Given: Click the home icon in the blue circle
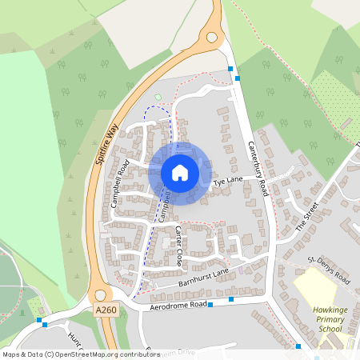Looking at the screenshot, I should point(180,173).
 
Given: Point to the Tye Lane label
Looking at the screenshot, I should point(227,182).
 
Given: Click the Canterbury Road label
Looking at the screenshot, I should point(257,168).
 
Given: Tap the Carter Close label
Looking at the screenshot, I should point(179,246).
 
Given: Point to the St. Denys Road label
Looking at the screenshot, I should point(329,270).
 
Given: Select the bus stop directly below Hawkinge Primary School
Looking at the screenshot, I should point(298,346).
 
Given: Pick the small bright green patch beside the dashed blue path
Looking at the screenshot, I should point(158,98).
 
